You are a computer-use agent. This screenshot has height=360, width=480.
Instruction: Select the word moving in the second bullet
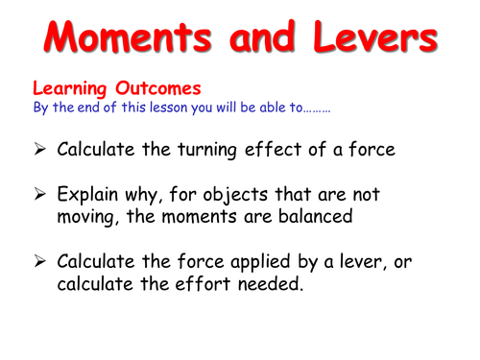click(88, 218)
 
